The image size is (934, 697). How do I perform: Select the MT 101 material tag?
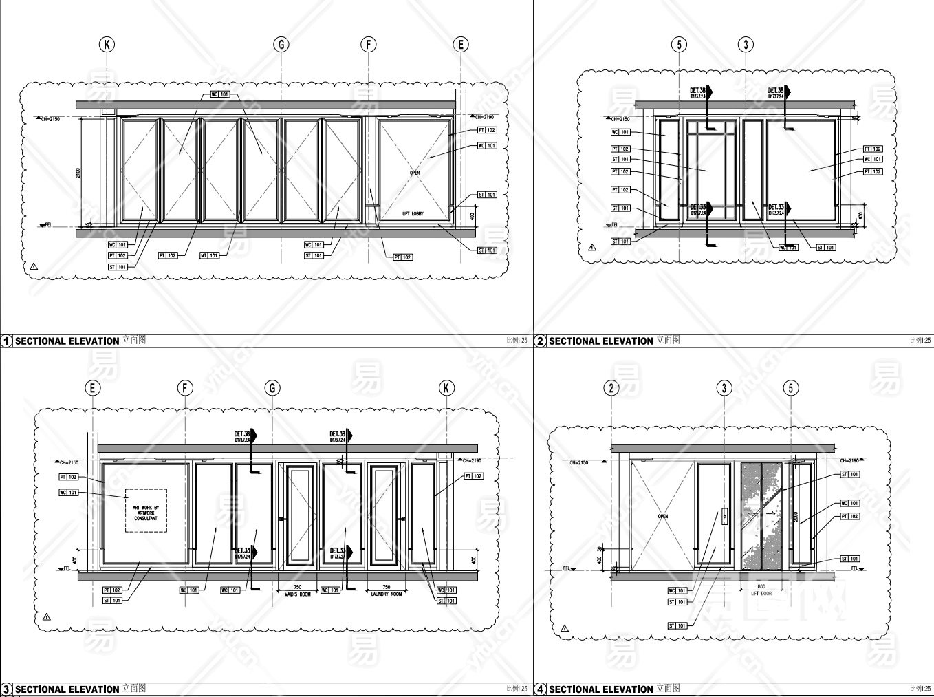pos(209,255)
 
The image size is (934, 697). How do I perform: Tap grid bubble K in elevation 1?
pos(107,45)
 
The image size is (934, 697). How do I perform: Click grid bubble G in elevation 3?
pos(272,388)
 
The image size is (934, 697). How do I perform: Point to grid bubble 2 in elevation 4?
pos(611,388)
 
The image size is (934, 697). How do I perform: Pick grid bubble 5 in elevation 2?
pos(679,45)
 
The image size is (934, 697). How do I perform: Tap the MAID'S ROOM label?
pos(298,594)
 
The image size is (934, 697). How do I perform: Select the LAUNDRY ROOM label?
pos(386,594)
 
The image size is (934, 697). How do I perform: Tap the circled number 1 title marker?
pos(6,341)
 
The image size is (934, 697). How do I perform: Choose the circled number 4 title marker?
pos(541,689)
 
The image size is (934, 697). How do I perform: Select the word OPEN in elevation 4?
pos(663,516)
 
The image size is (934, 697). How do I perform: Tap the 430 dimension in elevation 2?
pos(859,216)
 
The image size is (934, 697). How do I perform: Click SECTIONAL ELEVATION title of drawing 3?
pos(67,689)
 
